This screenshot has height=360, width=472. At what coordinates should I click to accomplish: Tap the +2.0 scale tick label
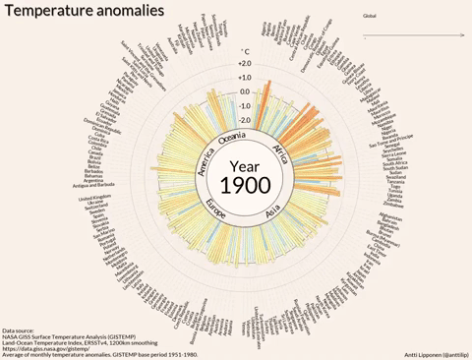pos(244,64)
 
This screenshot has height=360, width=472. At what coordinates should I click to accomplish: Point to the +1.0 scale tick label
pos(244,78)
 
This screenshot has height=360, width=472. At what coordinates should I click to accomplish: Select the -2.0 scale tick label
pos(244,120)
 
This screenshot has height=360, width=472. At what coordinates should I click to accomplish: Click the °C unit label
pos(245,51)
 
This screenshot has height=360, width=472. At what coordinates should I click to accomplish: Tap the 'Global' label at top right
pos(370,16)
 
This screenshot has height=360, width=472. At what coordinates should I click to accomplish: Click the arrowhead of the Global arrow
pos(460,37)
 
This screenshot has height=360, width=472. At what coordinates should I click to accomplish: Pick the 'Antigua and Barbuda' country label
pos(96,186)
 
